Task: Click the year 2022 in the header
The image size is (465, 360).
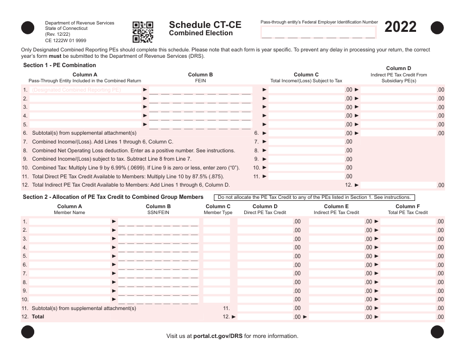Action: [400, 27]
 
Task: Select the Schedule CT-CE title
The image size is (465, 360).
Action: [205, 25]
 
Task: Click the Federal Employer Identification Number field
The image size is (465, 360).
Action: [318, 33]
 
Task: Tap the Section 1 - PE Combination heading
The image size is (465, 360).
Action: [60, 65]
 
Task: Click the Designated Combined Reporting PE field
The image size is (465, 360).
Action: [85, 90]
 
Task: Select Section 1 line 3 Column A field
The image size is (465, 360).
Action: [85, 107]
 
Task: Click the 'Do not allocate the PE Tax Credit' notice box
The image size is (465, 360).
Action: [314, 197]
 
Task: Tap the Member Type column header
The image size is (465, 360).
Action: [218, 210]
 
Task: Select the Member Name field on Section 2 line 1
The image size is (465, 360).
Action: [70, 221]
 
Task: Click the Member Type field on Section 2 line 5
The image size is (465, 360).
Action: [216, 256]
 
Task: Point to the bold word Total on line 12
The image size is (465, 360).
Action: [38, 317]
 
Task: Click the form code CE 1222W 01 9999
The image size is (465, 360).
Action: [66, 41]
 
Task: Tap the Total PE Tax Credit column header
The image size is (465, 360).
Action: [408, 210]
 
